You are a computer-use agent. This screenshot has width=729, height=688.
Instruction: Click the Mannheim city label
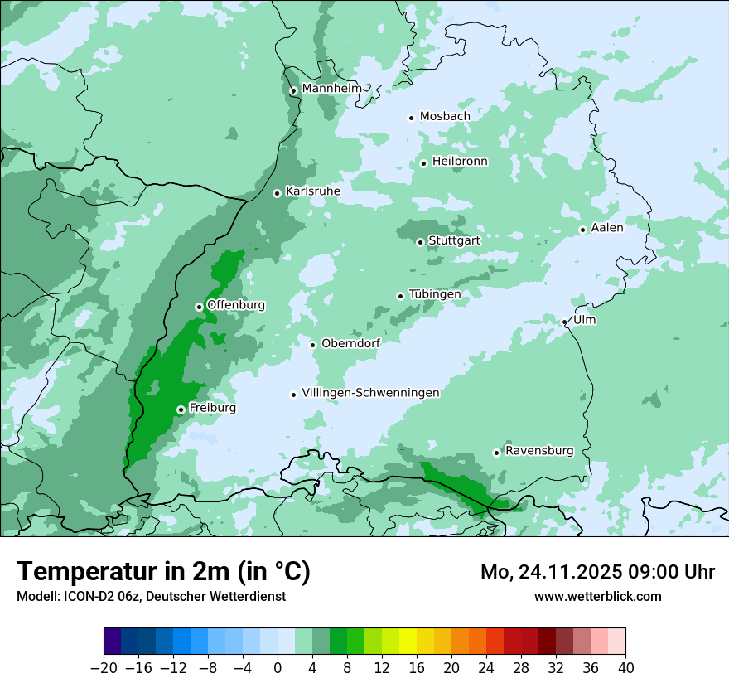tap(331, 88)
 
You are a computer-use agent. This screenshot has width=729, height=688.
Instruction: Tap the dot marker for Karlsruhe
tap(278, 193)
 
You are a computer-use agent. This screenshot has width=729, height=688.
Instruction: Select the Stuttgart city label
tap(454, 240)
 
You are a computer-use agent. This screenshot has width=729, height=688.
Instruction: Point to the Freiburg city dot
tap(181, 409)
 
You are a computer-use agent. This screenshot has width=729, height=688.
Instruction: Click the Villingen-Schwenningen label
tap(370, 393)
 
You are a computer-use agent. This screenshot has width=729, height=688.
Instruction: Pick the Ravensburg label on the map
tap(539, 451)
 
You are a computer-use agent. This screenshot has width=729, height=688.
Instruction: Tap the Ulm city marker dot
tap(565, 322)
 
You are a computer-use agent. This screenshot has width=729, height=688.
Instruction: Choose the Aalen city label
tap(607, 228)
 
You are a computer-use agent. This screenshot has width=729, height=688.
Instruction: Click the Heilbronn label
tap(460, 162)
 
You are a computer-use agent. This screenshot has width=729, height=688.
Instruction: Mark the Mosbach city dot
tap(411, 118)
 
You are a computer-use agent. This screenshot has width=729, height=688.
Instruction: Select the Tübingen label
tap(435, 294)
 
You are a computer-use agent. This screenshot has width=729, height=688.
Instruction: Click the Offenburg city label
tap(236, 305)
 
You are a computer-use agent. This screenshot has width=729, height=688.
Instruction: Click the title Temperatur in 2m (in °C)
tap(163, 571)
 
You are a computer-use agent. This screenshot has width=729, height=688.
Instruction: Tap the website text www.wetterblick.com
tap(598, 596)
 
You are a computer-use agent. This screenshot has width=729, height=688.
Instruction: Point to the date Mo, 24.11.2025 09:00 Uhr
tap(598, 572)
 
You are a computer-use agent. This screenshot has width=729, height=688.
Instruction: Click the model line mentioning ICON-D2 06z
tap(151, 596)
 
